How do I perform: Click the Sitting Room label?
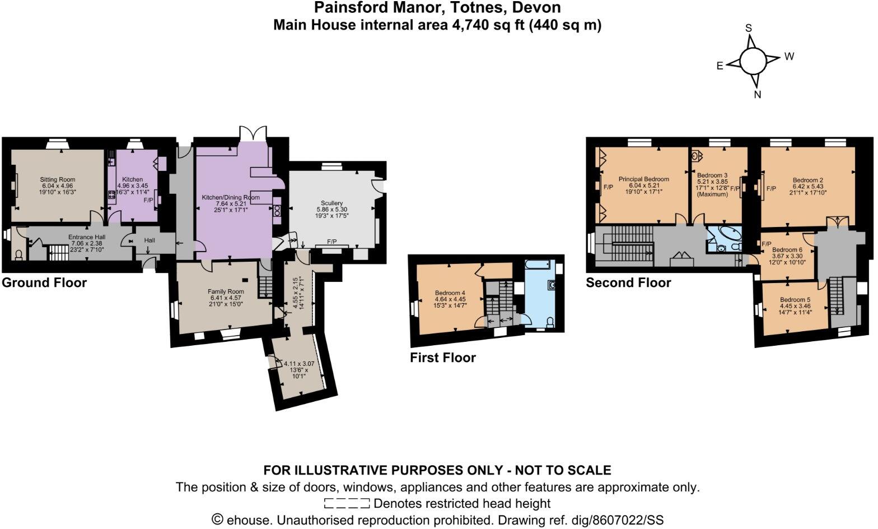click(57, 180)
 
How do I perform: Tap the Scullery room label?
click(332, 203)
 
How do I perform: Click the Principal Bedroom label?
click(643, 179)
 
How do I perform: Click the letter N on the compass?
click(757, 95)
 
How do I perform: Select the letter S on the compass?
click(748, 29)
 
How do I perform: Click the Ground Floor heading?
click(44, 282)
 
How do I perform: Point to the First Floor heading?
click(442, 358)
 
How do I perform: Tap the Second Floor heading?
click(628, 282)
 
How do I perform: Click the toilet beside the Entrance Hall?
click(19, 255)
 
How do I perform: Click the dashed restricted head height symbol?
click(347, 503)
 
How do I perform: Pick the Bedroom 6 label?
click(787, 249)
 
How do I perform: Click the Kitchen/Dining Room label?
click(231, 197)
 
